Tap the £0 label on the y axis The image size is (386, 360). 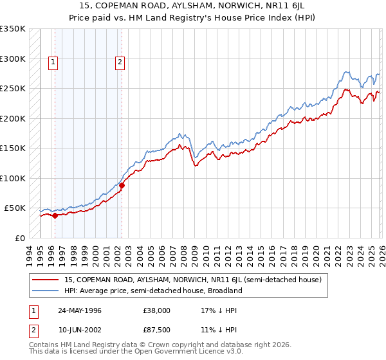point(19,238)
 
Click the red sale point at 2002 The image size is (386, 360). point(122,186)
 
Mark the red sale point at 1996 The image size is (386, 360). point(55,215)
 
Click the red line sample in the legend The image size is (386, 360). point(46,280)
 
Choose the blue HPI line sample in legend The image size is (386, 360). point(46,291)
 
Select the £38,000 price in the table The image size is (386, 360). point(156,310)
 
